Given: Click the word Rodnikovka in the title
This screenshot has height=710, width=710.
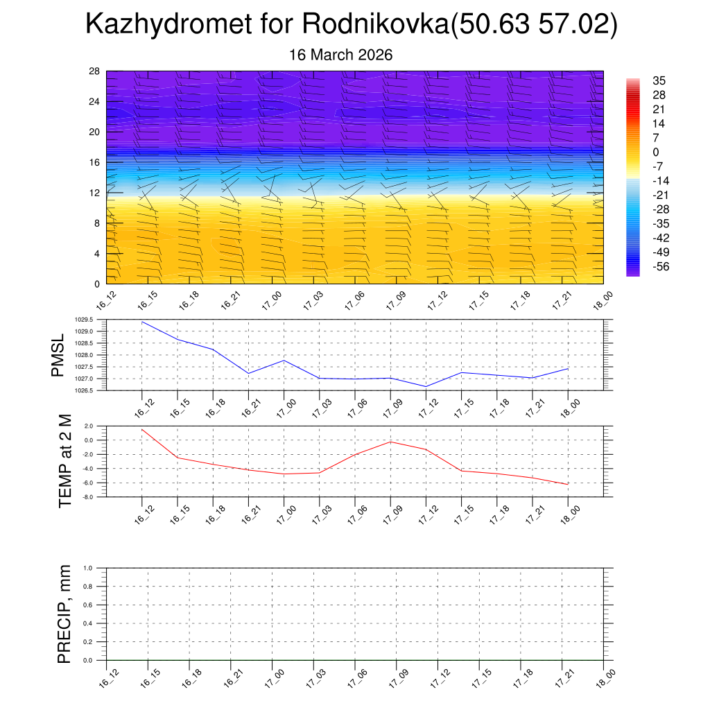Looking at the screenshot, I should coord(374,25).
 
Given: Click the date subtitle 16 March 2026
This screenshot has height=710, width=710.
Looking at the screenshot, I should coord(340,55).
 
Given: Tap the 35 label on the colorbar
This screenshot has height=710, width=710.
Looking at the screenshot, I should coord(659,81).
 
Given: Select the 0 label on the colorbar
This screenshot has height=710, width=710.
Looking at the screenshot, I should coord(656,152).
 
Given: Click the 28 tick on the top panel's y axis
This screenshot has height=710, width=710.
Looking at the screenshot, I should coord(94,71).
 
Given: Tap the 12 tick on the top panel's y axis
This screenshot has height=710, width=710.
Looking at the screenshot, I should coord(94,193).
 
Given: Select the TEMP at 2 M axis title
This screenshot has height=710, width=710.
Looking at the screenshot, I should coord(66,460).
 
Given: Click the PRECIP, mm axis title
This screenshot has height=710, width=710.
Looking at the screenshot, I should coord(64,614).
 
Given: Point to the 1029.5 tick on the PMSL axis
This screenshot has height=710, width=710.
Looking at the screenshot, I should coord(93,320).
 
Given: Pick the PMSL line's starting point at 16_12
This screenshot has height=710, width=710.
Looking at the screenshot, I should coord(142,322).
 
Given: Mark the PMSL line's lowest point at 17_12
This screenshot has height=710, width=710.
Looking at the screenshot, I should coord(426,386).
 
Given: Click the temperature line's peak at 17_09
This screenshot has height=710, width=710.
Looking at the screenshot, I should coord(390,442).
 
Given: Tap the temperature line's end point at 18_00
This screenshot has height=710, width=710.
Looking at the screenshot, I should coord(568,484).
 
